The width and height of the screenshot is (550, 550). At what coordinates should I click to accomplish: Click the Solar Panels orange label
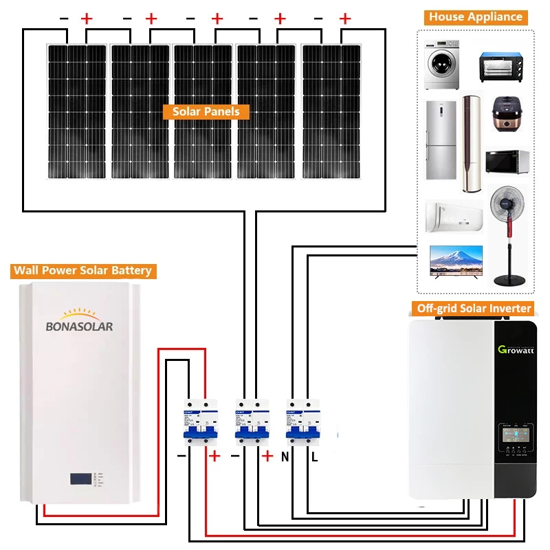pos(206,111)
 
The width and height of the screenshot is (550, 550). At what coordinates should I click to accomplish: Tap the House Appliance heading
pos(476,17)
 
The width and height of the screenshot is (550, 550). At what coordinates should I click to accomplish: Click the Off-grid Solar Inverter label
pos(474,308)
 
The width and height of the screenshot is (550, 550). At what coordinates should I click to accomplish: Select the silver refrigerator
pos(440,140)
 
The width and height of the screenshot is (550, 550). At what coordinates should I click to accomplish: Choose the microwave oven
pos(507,162)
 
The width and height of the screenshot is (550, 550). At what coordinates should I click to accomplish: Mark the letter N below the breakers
pos(285,456)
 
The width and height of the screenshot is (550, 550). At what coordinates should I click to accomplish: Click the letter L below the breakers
pos(315,456)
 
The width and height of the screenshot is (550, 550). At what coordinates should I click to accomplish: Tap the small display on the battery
pos(79,478)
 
